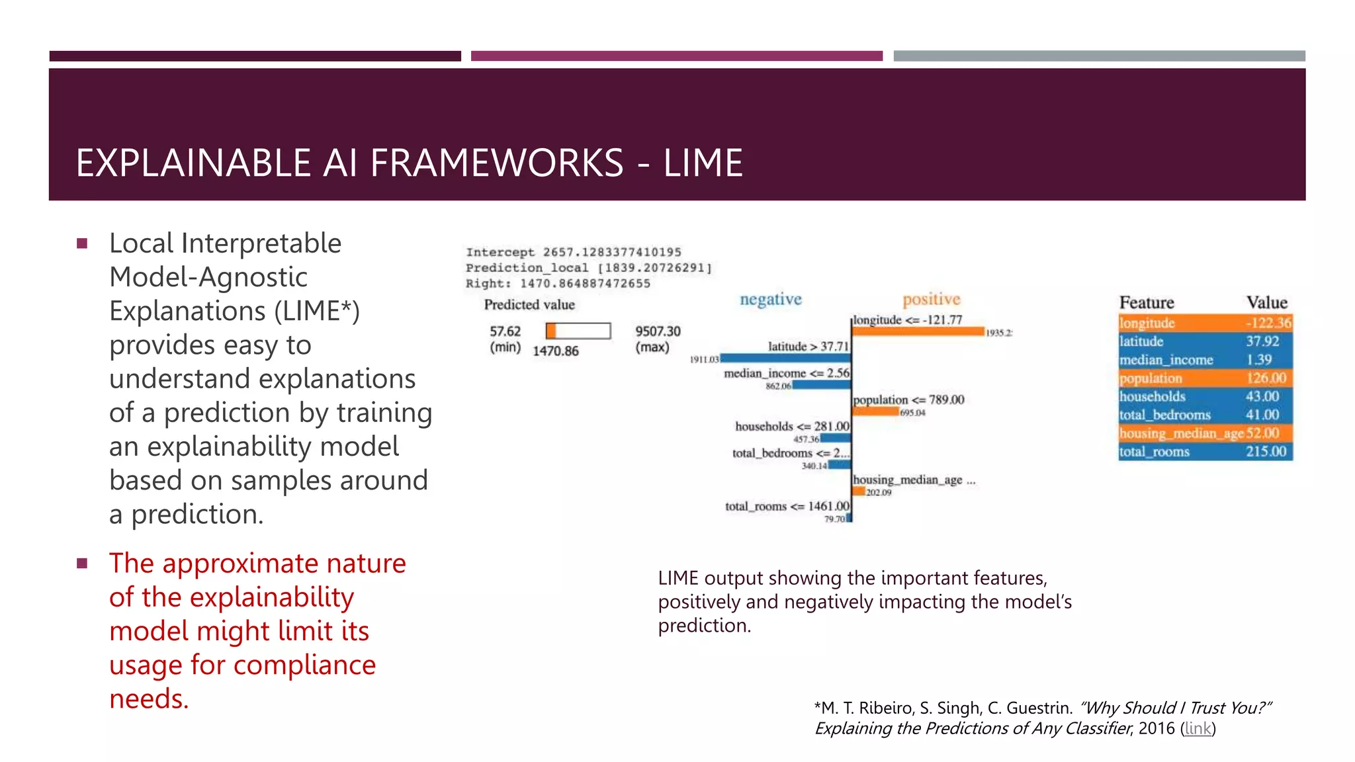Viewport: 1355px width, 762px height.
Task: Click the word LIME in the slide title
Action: pyautogui.click(x=703, y=163)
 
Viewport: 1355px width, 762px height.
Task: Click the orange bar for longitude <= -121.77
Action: pyautogui.click(x=918, y=331)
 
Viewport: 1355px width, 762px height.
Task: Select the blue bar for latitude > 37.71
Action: pyautogui.click(x=785, y=358)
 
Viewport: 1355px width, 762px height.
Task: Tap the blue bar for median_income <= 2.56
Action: pyautogui.click(x=821, y=385)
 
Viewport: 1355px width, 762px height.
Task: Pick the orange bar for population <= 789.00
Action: pyautogui.click(x=875, y=411)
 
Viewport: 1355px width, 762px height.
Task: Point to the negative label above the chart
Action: pyautogui.click(x=770, y=299)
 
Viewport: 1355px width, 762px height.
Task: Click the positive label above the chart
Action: pyautogui.click(x=931, y=299)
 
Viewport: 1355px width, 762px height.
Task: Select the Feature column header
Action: pyautogui.click(x=1146, y=302)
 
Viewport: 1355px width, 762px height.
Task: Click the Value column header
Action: pyautogui.click(x=1266, y=302)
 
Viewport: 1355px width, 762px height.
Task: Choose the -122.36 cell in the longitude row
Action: pyautogui.click(x=1268, y=323)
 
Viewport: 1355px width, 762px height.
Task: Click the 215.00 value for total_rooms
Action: pyautogui.click(x=1266, y=451)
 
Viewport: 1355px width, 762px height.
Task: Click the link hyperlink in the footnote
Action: pyautogui.click(x=1198, y=728)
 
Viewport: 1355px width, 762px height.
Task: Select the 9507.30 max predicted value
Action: pyautogui.click(x=657, y=331)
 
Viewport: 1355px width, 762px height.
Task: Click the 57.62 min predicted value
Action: pyautogui.click(x=505, y=331)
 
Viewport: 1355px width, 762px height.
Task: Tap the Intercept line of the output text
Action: pyautogui.click(x=573, y=252)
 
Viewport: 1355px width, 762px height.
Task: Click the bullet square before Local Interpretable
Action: pyautogui.click(x=82, y=243)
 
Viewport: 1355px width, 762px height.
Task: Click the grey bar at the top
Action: pyautogui.click(x=1098, y=56)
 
